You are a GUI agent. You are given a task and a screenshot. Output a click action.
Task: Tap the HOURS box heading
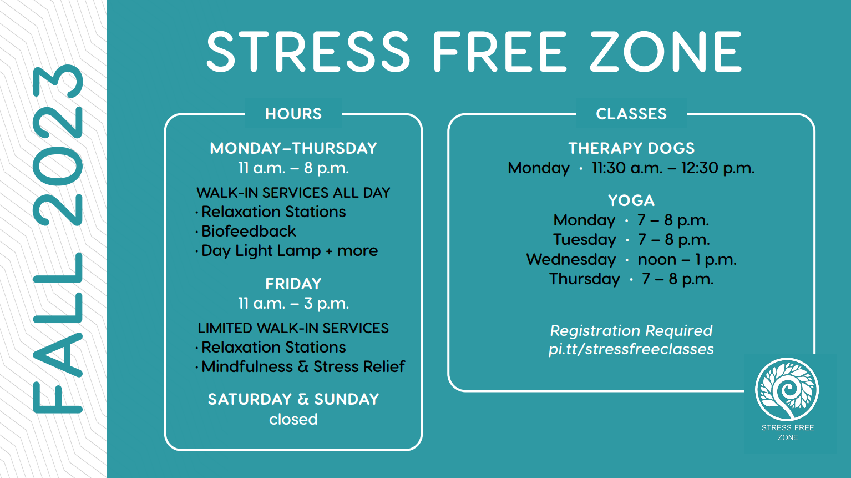coord(293,114)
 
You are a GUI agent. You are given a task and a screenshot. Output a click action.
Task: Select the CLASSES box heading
coord(631,114)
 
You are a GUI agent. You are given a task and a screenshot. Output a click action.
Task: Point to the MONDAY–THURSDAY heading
coord(293,148)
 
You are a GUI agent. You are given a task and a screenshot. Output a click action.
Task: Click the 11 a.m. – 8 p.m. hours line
coord(293,168)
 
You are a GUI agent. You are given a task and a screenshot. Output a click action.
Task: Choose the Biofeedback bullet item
coord(249,231)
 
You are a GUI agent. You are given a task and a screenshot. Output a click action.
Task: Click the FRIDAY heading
coord(293,284)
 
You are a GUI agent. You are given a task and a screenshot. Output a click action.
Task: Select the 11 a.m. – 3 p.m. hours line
coord(293,303)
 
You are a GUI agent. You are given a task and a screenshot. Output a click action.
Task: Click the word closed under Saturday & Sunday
coord(293,419)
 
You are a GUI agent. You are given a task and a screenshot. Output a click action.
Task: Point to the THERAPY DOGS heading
coord(631,148)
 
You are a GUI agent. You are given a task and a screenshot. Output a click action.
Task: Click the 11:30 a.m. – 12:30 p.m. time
coord(673,168)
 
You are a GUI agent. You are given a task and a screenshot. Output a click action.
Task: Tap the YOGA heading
coord(631,200)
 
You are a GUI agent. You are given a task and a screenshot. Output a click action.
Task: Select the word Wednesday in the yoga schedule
coord(571,259)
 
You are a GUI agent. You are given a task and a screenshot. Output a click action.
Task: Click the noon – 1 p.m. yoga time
coord(687,259)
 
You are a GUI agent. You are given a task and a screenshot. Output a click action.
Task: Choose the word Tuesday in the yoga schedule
coord(584,240)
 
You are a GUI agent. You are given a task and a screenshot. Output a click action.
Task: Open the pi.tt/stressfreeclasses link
coord(631,349)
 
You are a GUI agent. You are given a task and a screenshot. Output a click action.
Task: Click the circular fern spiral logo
coord(787,389)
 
